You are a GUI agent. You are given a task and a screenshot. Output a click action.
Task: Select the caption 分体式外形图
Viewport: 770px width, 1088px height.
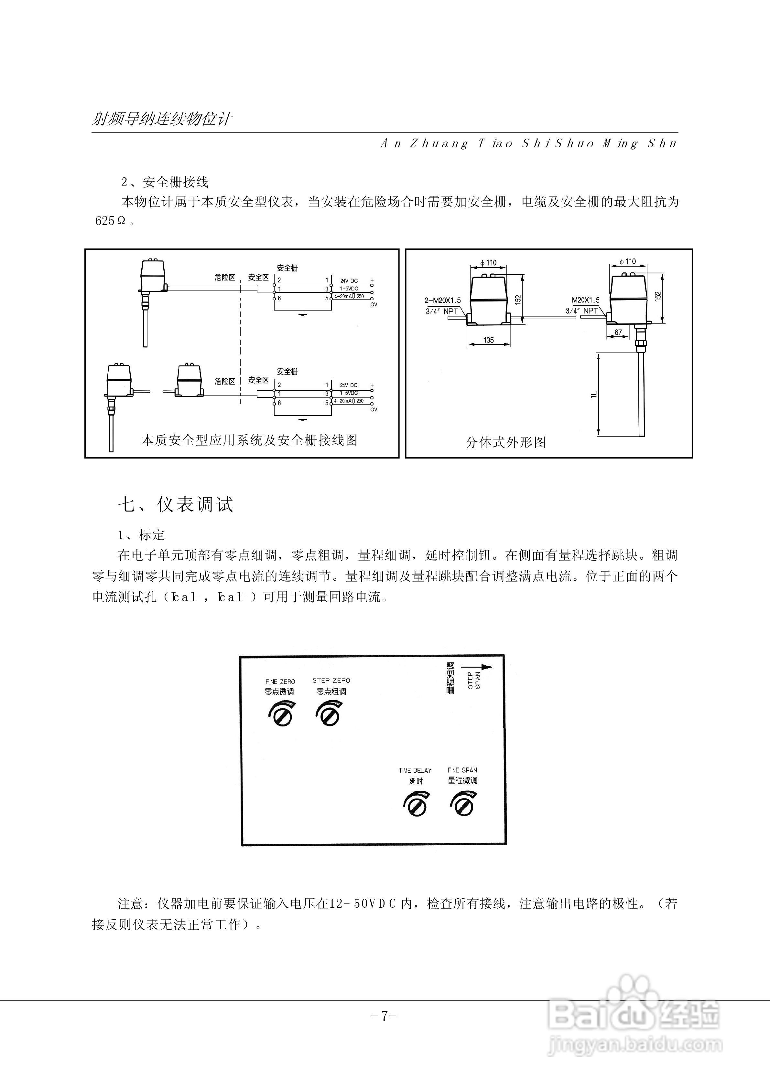[505, 442]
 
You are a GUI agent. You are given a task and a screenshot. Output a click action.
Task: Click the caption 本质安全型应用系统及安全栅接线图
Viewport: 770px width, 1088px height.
[249, 440]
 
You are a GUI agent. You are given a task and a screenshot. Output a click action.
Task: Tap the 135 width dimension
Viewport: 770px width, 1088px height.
[489, 340]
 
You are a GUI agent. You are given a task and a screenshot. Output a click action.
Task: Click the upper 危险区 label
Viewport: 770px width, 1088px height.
[225, 277]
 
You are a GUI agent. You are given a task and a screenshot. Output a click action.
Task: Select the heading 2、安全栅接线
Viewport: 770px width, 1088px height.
[165, 182]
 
